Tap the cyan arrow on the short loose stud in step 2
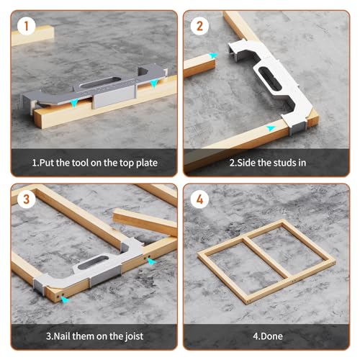[x=212, y=55]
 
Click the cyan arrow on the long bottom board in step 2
[x=270, y=127]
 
